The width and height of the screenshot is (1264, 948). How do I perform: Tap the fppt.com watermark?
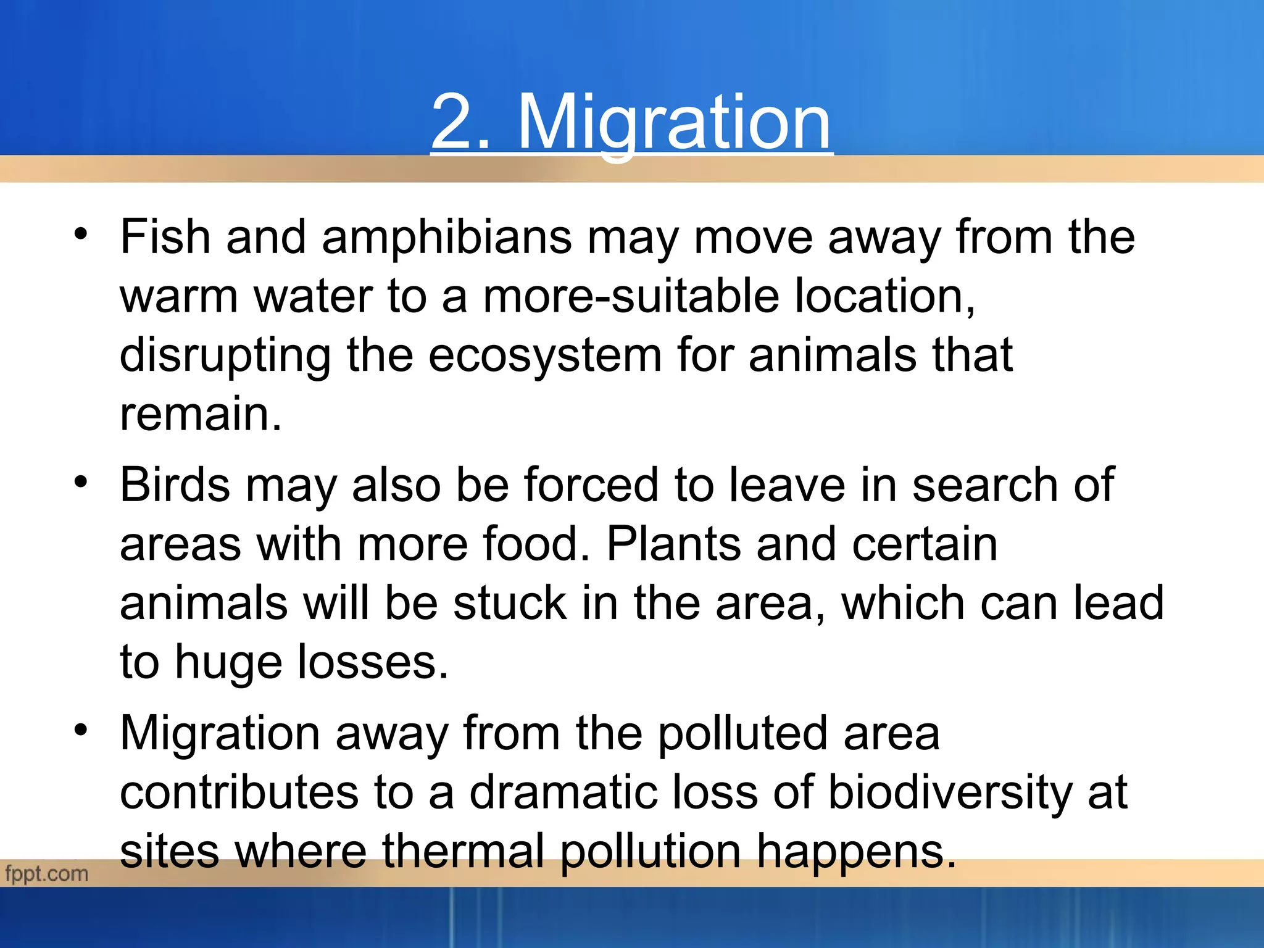[46, 873]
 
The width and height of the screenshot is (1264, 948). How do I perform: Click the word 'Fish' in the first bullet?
[165, 237]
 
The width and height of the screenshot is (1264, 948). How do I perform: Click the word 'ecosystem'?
[545, 355]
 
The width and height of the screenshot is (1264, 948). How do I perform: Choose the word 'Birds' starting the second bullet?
[175, 485]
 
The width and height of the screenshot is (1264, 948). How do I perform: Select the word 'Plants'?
[673, 544]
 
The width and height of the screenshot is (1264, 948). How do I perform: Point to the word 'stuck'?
[510, 603]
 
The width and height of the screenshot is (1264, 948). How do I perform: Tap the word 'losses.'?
[373, 662]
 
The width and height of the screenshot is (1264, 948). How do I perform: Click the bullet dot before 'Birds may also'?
[80, 482]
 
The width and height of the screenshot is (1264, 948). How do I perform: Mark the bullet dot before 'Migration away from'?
[80, 730]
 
